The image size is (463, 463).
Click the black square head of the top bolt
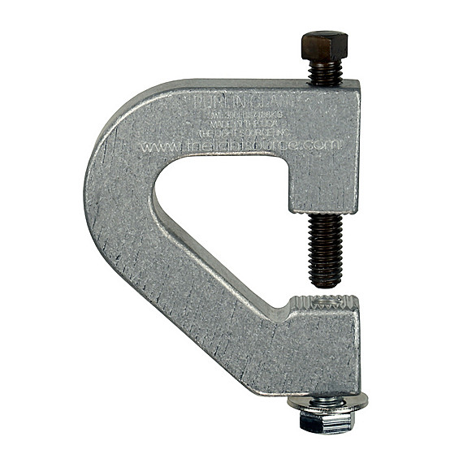pos(324,44)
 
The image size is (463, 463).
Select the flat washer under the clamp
pos(327,400)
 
